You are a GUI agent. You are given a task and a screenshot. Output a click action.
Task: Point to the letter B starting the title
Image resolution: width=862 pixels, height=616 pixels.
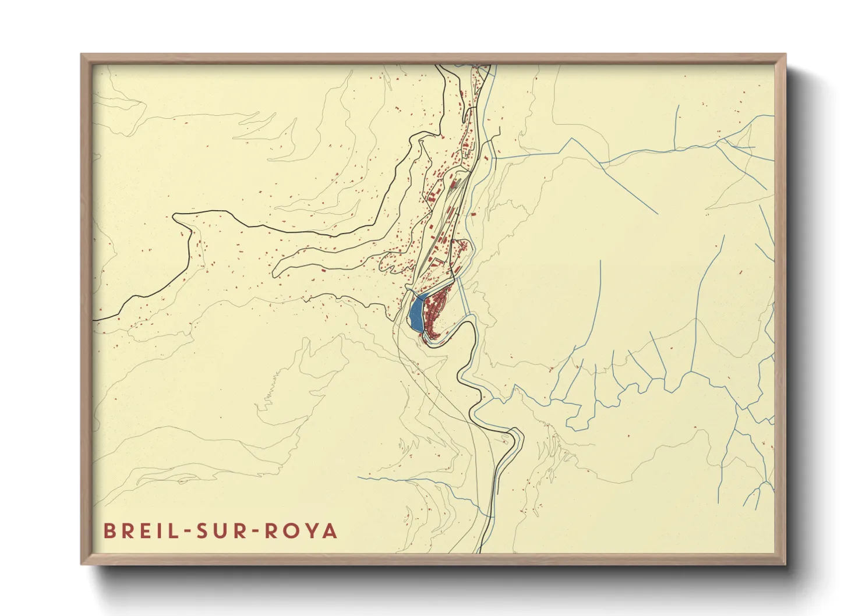(109, 531)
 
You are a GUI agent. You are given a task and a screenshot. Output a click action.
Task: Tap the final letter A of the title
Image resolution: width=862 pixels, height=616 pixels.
(331, 531)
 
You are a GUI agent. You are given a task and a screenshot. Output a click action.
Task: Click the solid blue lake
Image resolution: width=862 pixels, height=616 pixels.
(416, 313)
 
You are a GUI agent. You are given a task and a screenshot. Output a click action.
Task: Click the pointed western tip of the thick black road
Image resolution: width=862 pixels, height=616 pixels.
(174, 217)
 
